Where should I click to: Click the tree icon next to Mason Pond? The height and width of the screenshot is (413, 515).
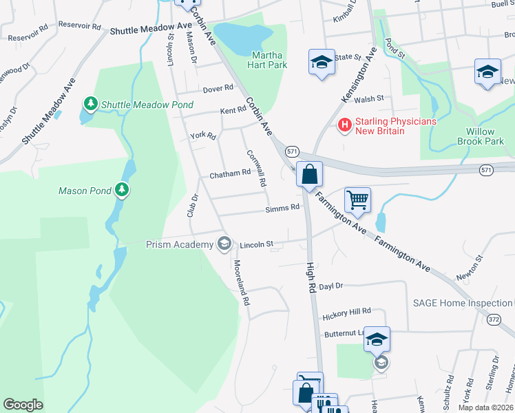tap(122, 189)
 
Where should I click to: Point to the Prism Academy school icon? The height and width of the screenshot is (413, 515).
tap(224, 244)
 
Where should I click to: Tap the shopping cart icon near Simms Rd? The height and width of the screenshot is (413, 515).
tap(357, 200)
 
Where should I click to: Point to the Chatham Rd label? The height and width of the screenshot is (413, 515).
tap(229, 174)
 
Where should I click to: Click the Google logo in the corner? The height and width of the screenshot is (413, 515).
tap(23, 405)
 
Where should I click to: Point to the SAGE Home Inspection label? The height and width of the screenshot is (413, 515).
tap(462, 303)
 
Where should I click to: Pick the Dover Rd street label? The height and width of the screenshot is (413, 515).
tap(218, 89)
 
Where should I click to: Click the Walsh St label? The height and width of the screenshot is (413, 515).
tap(369, 99)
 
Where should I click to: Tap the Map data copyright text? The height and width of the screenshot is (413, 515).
tap(485, 407)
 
